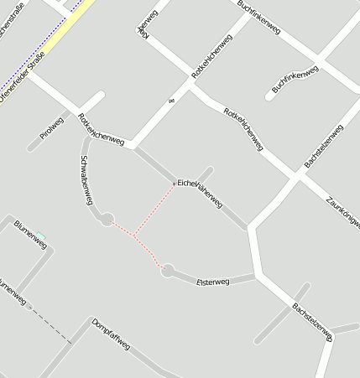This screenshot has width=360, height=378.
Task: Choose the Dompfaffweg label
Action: coord(111,334)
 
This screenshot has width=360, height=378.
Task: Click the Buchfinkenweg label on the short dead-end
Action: coord(295,80)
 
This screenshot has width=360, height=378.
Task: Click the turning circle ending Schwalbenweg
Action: coord(107,220)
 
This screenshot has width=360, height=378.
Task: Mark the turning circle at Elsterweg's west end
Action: coord(168,271)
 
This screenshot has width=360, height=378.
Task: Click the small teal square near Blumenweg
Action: coord(40,236)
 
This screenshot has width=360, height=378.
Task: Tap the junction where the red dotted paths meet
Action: coord(133,236)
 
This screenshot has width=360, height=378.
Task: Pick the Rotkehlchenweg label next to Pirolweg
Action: coord(101,131)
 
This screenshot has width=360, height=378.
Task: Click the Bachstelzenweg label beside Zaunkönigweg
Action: coord(323,148)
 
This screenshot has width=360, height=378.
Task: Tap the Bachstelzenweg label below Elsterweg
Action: coord(312,322)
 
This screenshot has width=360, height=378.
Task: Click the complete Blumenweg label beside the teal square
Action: coord(30,234)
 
